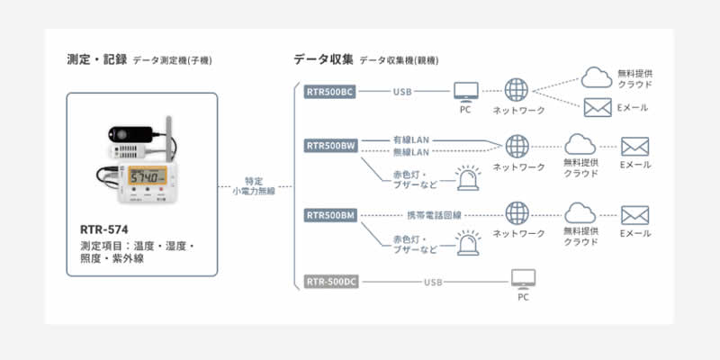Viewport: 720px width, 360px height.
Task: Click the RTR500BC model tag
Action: pos(331,92)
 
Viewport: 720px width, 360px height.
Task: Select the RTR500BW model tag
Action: pos(331,145)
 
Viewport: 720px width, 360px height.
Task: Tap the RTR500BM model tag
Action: pos(331,215)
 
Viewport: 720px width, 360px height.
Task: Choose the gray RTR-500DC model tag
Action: pos(331,283)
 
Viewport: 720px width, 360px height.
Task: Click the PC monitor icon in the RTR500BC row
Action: pos(465,92)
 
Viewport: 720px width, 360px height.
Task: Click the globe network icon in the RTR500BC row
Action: pos(517,91)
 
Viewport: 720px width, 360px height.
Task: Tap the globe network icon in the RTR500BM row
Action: pos(517,214)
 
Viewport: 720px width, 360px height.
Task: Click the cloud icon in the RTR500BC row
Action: pos(597,77)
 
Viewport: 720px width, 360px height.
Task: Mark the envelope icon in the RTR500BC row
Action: pos(598,108)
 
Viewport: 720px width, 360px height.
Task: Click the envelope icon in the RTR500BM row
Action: pos(634,215)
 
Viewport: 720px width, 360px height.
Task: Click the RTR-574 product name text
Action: pos(103,230)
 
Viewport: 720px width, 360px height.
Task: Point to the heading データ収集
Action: pos(322,59)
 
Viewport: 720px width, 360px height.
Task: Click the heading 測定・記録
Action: pos(95,59)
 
